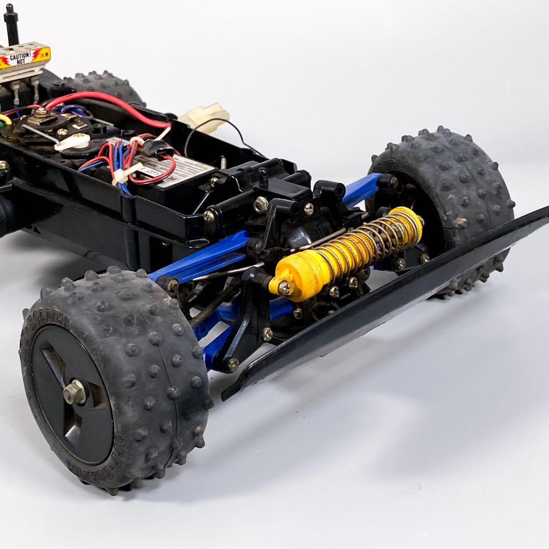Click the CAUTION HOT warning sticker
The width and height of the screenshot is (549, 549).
pyautogui.click(x=24, y=57)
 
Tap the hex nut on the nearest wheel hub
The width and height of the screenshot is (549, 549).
pyautogui.click(x=74, y=392)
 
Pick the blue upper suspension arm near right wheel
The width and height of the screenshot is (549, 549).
pyautogui.click(x=362, y=189)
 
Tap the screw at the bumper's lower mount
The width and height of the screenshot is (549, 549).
pyautogui.click(x=233, y=364)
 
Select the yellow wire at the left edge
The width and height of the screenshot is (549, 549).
pyautogui.click(x=4, y=119)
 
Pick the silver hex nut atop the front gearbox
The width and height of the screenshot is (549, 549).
pyautogui.click(x=261, y=204)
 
